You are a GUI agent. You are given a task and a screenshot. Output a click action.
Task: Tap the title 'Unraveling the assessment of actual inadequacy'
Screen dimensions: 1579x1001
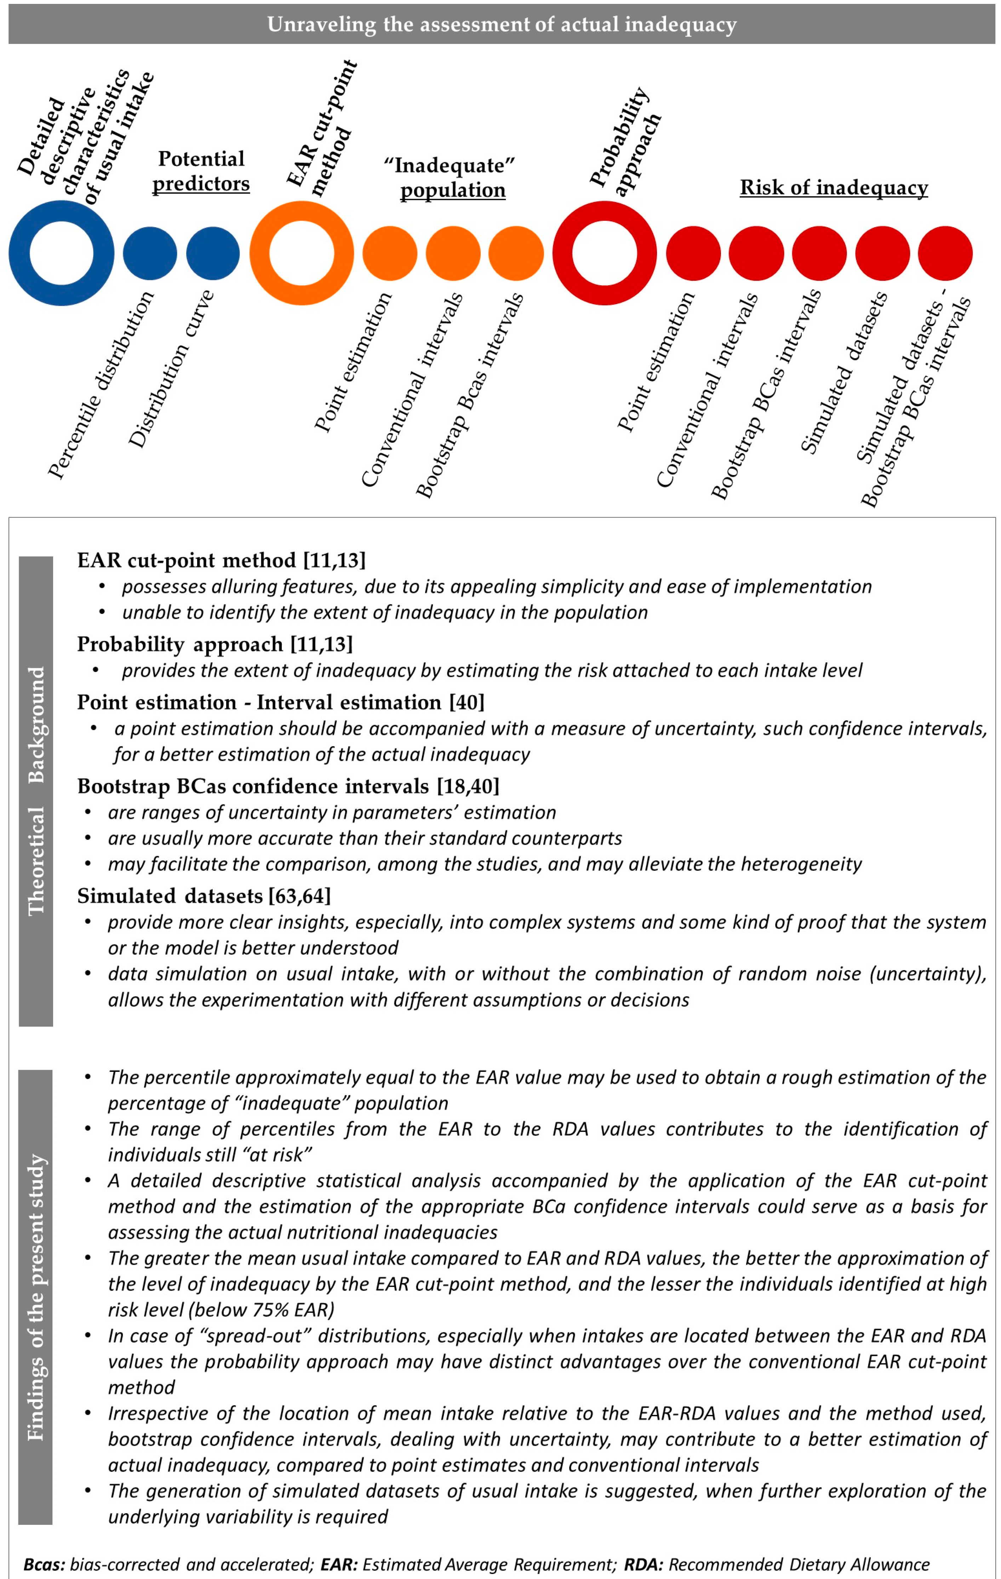tap(502, 25)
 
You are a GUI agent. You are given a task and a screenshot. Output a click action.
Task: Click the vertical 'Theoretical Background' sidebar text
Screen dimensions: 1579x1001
tap(36, 790)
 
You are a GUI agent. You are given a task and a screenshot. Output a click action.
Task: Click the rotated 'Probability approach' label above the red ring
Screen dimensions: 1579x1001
tap(624, 141)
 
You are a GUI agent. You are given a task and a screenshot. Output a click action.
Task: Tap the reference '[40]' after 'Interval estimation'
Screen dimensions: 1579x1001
tap(467, 702)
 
